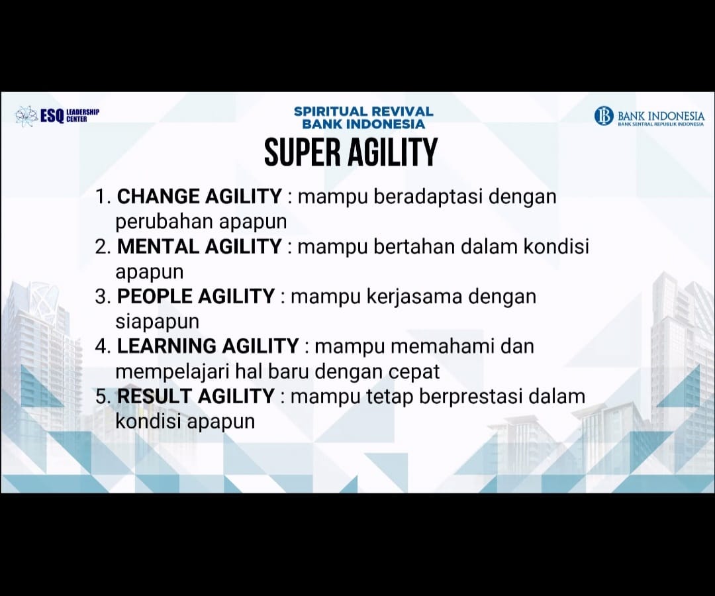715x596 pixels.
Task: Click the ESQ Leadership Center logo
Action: click(57, 115)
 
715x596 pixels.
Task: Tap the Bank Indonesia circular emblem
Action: click(604, 116)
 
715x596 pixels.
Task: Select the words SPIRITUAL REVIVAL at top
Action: click(363, 111)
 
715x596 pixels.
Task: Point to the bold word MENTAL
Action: click(158, 246)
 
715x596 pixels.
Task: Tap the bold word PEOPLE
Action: click(154, 296)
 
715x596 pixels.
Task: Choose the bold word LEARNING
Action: click(166, 346)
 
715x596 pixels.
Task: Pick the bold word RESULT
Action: click(154, 395)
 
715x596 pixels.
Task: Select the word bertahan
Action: click(414, 246)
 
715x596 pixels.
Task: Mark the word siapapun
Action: click(158, 322)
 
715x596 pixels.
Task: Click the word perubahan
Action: click(164, 222)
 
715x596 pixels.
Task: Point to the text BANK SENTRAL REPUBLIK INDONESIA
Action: click(661, 124)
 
